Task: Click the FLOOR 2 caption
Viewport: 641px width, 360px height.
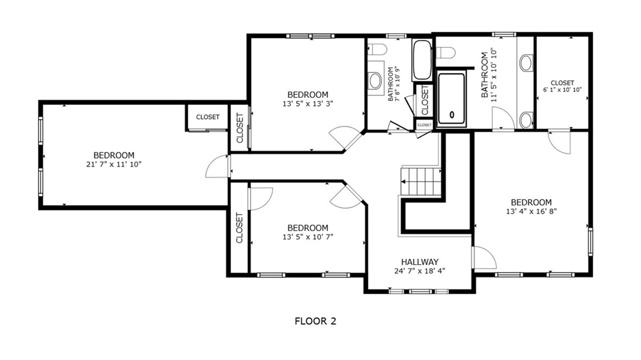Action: pos(315,321)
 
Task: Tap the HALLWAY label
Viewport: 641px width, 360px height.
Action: pos(420,261)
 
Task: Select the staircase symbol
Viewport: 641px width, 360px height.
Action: pos(421,181)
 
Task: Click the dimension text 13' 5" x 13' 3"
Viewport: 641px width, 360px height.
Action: pos(307,104)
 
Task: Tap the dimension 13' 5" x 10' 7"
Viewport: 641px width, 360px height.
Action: pos(307,236)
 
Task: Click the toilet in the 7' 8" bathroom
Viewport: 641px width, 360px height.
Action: pos(379,50)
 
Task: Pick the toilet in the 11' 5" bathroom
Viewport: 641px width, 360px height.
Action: pos(446,53)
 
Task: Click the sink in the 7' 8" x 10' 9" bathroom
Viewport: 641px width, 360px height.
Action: pos(375,81)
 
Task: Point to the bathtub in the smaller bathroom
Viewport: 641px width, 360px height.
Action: pos(421,60)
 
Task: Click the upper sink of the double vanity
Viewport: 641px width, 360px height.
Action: pos(525,63)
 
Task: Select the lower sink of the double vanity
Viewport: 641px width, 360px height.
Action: pos(525,118)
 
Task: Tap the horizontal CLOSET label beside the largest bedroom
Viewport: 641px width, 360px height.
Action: pos(208,117)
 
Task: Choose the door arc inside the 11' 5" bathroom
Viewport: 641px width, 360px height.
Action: pos(503,118)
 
